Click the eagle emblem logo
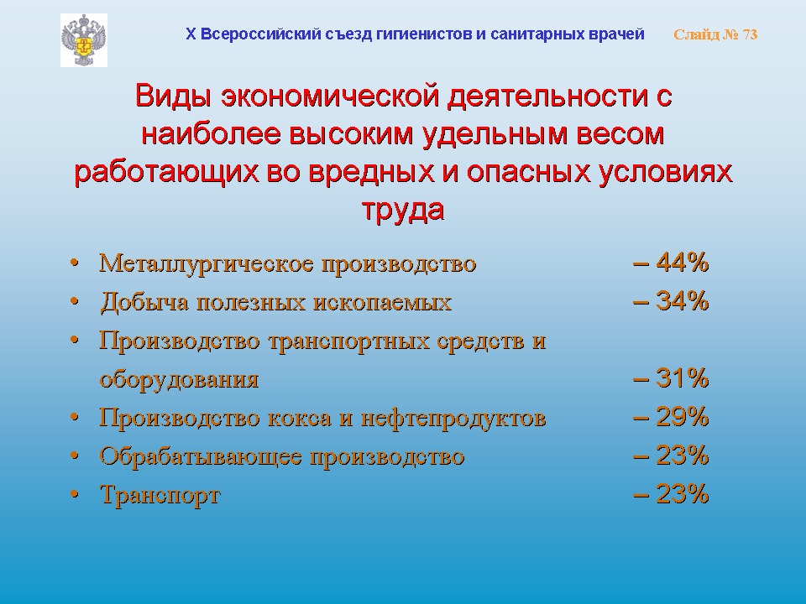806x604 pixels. point(84,40)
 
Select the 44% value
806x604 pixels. point(683,263)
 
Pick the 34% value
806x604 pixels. point(683,301)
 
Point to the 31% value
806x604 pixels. point(683,378)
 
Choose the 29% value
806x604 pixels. point(683,417)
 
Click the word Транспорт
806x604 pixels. point(160,496)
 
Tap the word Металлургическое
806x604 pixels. point(207,264)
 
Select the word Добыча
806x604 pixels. point(144,302)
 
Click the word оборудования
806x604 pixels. point(179,381)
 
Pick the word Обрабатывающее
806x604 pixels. point(201,456)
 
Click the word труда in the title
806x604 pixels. point(403,211)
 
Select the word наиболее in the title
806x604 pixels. point(212,134)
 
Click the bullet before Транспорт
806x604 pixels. point(75,494)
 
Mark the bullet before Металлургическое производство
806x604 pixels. point(75,263)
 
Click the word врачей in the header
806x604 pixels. point(620,34)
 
